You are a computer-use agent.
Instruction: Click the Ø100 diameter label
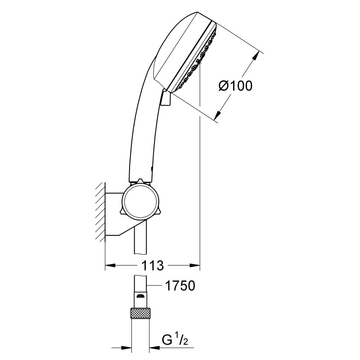coord(235,85)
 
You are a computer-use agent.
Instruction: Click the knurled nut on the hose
coord(141,313)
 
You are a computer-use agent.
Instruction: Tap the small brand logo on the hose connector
coord(141,296)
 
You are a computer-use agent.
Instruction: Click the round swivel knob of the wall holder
coord(140,200)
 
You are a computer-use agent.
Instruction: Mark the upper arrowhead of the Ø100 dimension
coord(258,55)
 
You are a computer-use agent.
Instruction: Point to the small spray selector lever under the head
coord(165,98)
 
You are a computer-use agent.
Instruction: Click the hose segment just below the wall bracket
coord(141,243)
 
